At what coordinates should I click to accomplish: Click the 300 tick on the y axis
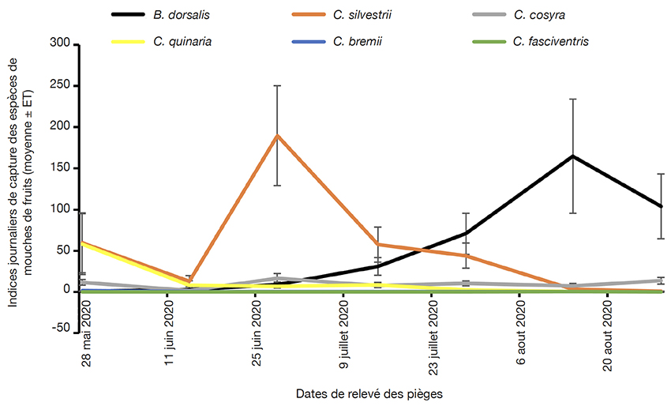click(x=60, y=43)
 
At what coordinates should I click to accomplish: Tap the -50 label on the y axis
click(x=61, y=328)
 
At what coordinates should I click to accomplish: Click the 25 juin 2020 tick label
click(x=257, y=333)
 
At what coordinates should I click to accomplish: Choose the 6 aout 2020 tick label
click(x=521, y=333)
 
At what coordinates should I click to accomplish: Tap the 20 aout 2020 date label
click(x=608, y=336)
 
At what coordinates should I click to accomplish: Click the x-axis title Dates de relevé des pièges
click(x=369, y=394)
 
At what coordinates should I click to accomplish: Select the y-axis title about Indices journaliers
click(x=20, y=182)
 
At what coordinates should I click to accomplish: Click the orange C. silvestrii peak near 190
click(x=278, y=135)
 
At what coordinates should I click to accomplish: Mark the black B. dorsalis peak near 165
click(x=572, y=156)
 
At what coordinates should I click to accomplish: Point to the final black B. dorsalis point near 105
click(x=661, y=206)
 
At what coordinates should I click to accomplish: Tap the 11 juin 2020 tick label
click(x=170, y=333)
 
